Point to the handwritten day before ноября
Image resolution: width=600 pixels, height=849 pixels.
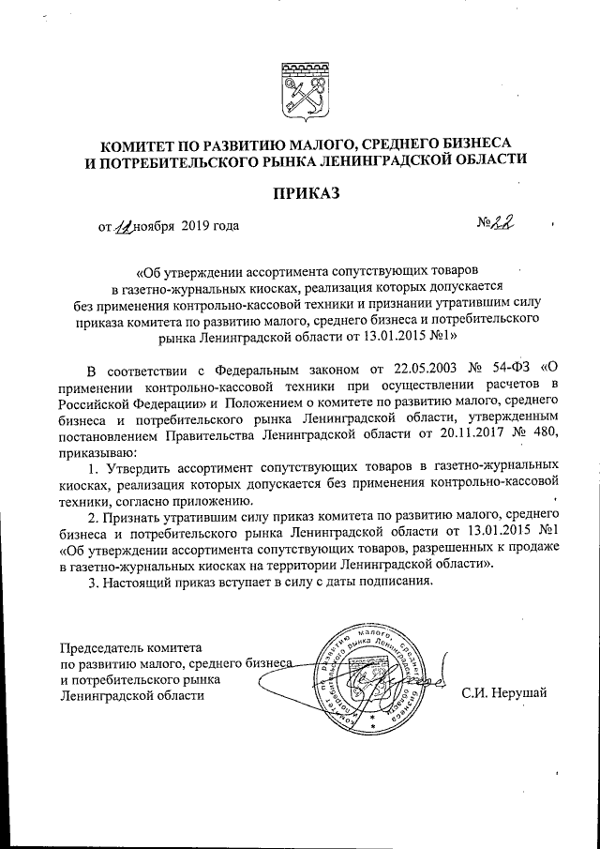pos(124,226)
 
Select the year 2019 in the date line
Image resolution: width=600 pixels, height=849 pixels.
pos(195,226)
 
